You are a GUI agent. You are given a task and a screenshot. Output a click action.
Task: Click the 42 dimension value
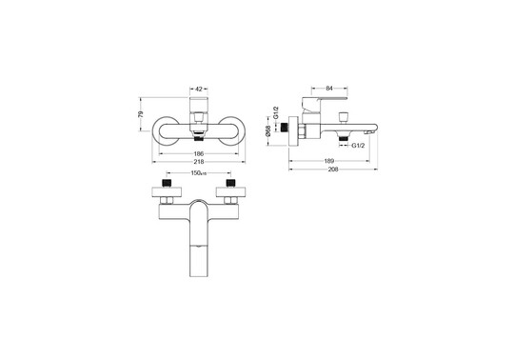point(199,89)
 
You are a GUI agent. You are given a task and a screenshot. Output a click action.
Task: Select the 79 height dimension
point(141,114)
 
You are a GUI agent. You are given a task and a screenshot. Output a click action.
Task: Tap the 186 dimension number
point(199,153)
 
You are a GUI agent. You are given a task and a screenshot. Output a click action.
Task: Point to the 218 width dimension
point(199,161)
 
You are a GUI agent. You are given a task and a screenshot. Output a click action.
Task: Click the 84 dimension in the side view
point(329,89)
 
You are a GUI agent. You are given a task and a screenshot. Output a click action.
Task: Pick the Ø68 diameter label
point(268,130)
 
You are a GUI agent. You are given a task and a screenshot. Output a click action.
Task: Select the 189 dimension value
point(328,161)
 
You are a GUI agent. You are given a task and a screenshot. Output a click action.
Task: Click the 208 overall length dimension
point(333,170)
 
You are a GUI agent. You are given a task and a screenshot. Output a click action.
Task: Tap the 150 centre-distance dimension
point(198,173)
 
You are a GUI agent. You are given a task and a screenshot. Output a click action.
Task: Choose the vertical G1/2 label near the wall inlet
point(276,113)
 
